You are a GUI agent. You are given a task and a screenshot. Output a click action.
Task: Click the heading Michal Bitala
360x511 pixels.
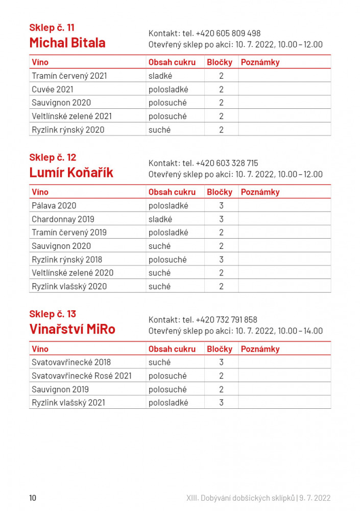(x=67, y=43)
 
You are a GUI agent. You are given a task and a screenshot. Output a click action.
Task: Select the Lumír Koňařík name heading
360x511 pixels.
(x=71, y=173)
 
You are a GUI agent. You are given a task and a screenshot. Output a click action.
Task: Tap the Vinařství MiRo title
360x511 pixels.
(x=72, y=329)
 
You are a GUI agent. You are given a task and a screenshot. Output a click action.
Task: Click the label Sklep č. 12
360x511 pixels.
(x=53, y=157)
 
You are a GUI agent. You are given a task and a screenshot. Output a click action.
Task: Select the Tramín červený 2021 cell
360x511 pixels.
(x=69, y=76)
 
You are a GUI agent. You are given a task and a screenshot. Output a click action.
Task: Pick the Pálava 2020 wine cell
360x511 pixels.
(x=54, y=206)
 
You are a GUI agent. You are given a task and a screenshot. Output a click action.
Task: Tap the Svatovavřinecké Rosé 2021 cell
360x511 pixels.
(x=82, y=376)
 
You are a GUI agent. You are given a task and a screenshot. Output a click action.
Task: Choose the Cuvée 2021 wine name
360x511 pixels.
(x=53, y=89)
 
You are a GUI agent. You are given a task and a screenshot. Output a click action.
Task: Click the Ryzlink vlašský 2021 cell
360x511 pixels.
(x=68, y=403)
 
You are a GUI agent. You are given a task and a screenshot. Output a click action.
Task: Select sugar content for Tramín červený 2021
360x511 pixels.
(x=160, y=76)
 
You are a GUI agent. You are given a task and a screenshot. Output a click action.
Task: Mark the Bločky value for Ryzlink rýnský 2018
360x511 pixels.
(x=221, y=260)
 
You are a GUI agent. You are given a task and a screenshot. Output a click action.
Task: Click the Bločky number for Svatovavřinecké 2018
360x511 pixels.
(x=221, y=362)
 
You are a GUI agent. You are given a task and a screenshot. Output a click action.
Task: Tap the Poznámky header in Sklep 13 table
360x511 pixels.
(x=260, y=349)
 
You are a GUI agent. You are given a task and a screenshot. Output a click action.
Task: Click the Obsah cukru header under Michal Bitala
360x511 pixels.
(x=172, y=62)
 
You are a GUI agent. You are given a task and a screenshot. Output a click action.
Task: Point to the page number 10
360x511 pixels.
(x=33, y=498)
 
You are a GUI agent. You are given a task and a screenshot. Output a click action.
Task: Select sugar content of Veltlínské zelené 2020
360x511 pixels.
(x=159, y=273)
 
